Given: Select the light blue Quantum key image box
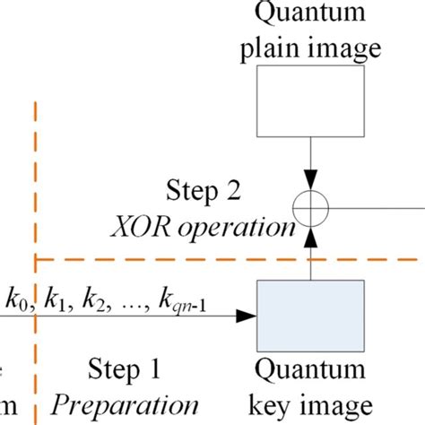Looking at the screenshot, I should (311, 316).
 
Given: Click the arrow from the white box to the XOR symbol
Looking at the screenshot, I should (312, 166).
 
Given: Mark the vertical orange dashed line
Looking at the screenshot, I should (35, 179).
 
